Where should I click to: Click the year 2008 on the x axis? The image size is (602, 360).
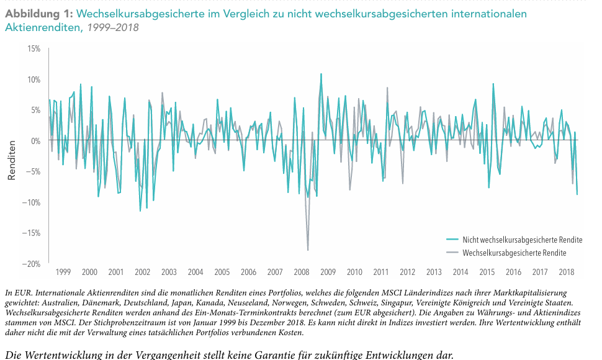(302, 272)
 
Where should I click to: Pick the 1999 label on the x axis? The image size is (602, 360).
(63, 272)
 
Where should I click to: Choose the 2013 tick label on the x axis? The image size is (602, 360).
(434, 272)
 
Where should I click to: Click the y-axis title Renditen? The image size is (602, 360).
(11, 160)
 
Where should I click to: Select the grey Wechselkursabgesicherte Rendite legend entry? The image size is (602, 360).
(514, 253)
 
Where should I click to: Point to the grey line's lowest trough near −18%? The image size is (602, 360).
(308, 250)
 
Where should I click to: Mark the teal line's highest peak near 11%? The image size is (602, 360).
(321, 74)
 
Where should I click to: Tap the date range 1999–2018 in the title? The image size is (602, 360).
(113, 27)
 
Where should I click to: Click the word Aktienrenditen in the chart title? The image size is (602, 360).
(43, 27)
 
